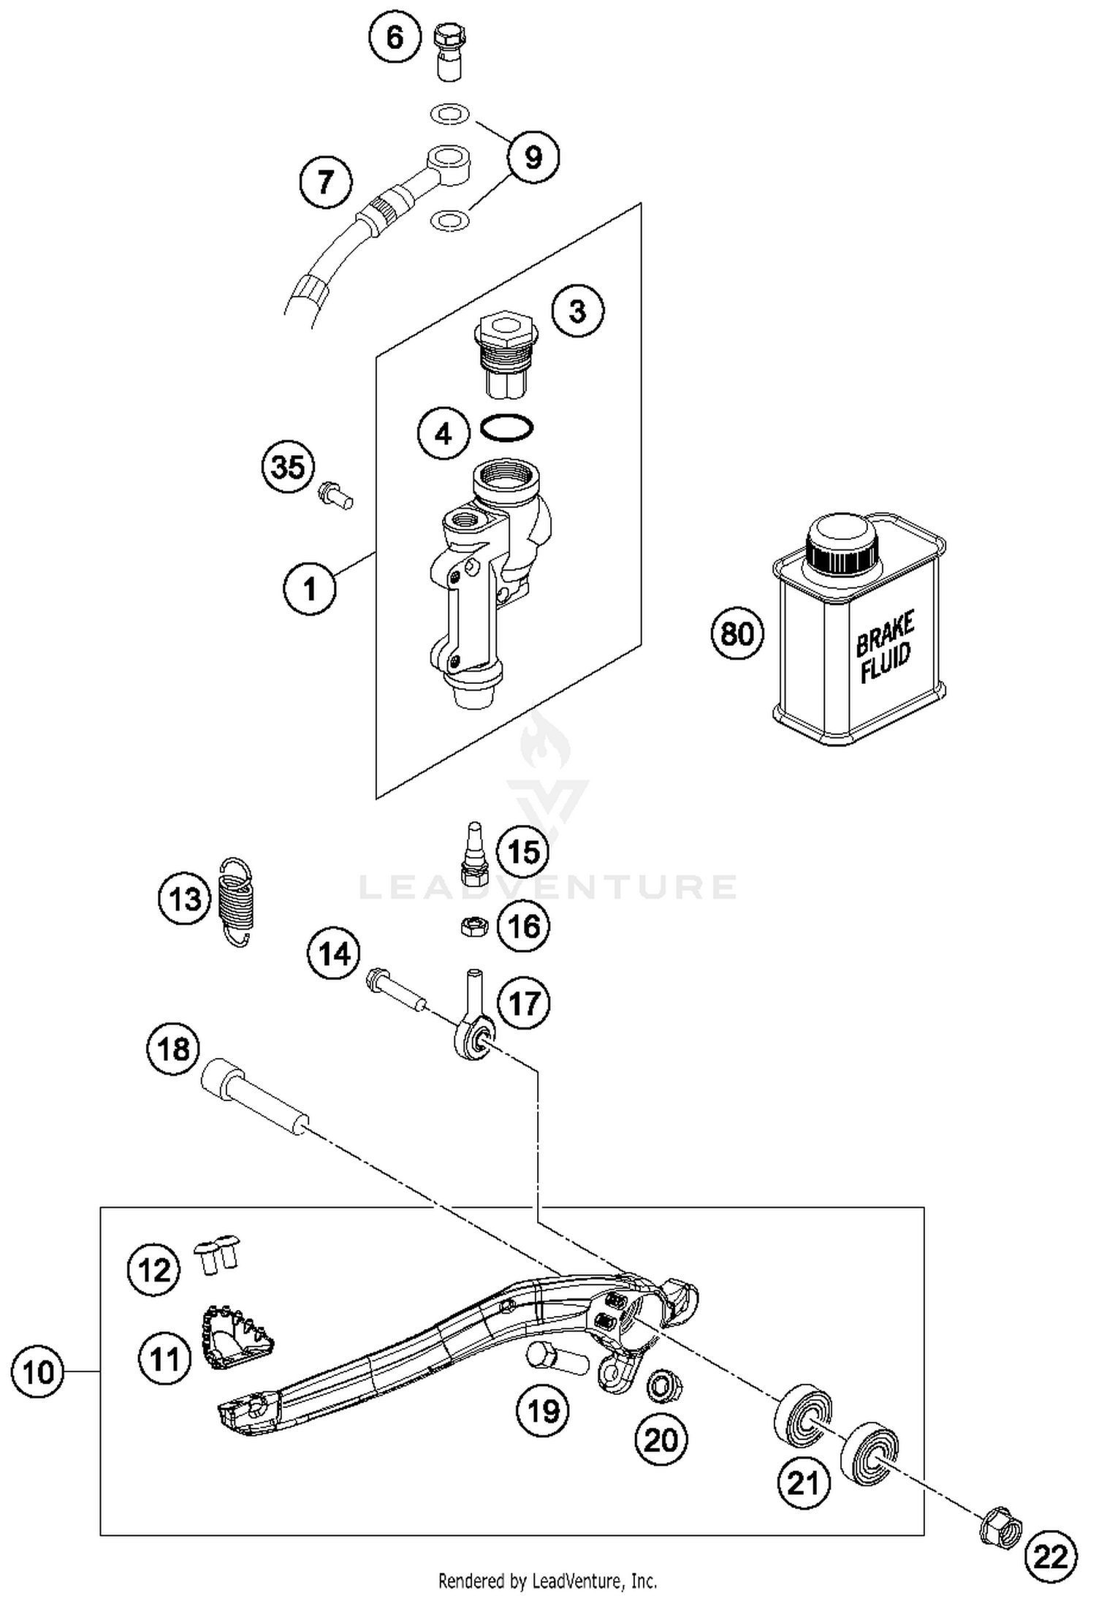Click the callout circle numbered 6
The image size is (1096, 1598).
[395, 37]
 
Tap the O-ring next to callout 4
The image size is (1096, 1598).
[506, 428]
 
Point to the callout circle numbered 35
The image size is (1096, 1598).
[288, 466]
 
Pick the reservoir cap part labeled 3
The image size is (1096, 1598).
[506, 354]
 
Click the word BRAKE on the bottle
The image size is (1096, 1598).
[884, 634]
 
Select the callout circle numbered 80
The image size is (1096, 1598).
[737, 633]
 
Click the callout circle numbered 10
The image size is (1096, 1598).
[38, 1372]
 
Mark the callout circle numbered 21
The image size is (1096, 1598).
[804, 1483]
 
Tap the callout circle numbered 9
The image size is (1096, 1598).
[533, 156]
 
